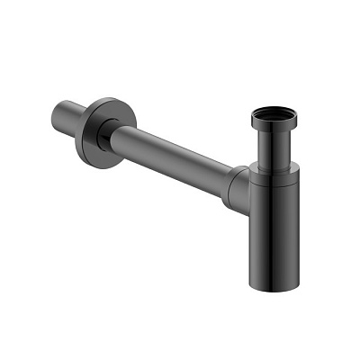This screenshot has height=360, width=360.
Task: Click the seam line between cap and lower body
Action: [x=274, y=184]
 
